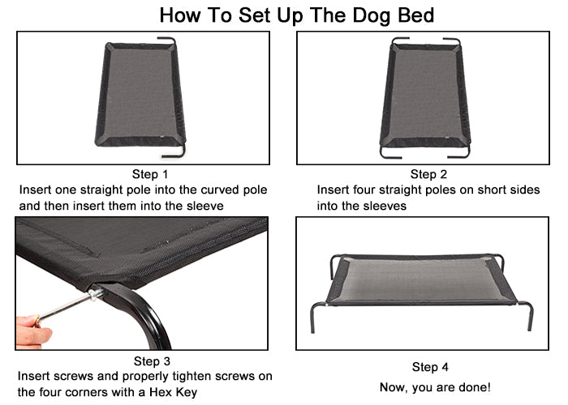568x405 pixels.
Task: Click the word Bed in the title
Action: [415, 15]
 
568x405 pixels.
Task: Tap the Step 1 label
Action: [150, 174]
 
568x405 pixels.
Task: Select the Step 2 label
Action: [428, 174]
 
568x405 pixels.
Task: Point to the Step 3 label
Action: [152, 361]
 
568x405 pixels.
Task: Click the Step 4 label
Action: [430, 367]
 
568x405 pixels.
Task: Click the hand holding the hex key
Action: [32, 330]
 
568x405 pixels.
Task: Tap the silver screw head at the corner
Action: [95, 293]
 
